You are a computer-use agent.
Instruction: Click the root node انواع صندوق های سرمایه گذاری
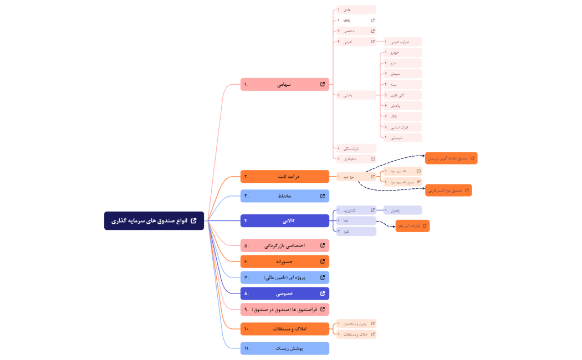coord(154,220)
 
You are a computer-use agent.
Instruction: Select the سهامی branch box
coord(284,85)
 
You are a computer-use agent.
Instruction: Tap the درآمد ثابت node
coord(284,177)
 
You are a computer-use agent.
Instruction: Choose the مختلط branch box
coord(284,196)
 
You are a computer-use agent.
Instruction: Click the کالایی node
coord(284,220)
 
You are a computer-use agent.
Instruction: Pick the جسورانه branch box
coord(284,261)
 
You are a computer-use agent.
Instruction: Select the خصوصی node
coord(284,294)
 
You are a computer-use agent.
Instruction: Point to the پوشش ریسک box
coord(284,348)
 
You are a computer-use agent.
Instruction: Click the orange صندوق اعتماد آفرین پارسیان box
coord(451,158)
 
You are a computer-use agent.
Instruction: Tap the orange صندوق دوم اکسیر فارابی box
coord(448,191)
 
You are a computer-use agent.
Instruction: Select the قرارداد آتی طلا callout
coord(412,226)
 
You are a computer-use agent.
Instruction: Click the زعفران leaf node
coord(402,210)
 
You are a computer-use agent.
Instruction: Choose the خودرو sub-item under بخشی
coord(402,53)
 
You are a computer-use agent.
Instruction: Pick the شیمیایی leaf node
coord(402,137)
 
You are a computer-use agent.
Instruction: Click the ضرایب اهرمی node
coord(402,42)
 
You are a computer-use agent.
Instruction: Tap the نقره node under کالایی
coord(356,232)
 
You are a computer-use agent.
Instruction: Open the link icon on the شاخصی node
coord(372,31)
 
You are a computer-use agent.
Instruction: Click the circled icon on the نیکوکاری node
coord(372,159)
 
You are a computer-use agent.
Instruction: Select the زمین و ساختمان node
coord(356,323)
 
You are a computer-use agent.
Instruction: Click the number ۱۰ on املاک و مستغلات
coord(246,329)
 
